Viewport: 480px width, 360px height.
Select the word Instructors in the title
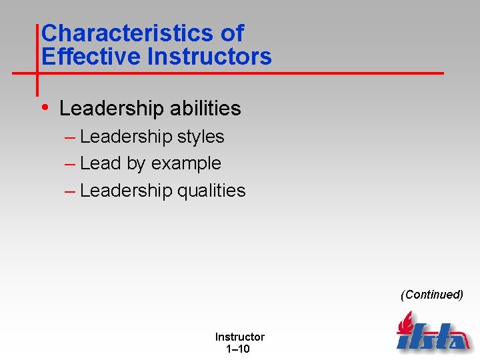click(209, 56)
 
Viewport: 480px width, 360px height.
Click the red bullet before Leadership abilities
click(45, 107)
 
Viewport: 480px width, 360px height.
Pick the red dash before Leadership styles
click(70, 137)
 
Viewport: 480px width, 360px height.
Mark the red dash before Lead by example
click(70, 164)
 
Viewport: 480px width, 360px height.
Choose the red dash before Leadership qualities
click(70, 191)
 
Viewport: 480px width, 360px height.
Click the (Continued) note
click(431, 295)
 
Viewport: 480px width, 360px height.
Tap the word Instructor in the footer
click(239, 337)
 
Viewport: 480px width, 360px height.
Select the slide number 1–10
click(239, 349)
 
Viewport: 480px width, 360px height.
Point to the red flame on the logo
click(405, 324)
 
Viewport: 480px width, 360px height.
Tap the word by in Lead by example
click(135, 164)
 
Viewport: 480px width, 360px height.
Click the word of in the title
click(231, 33)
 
